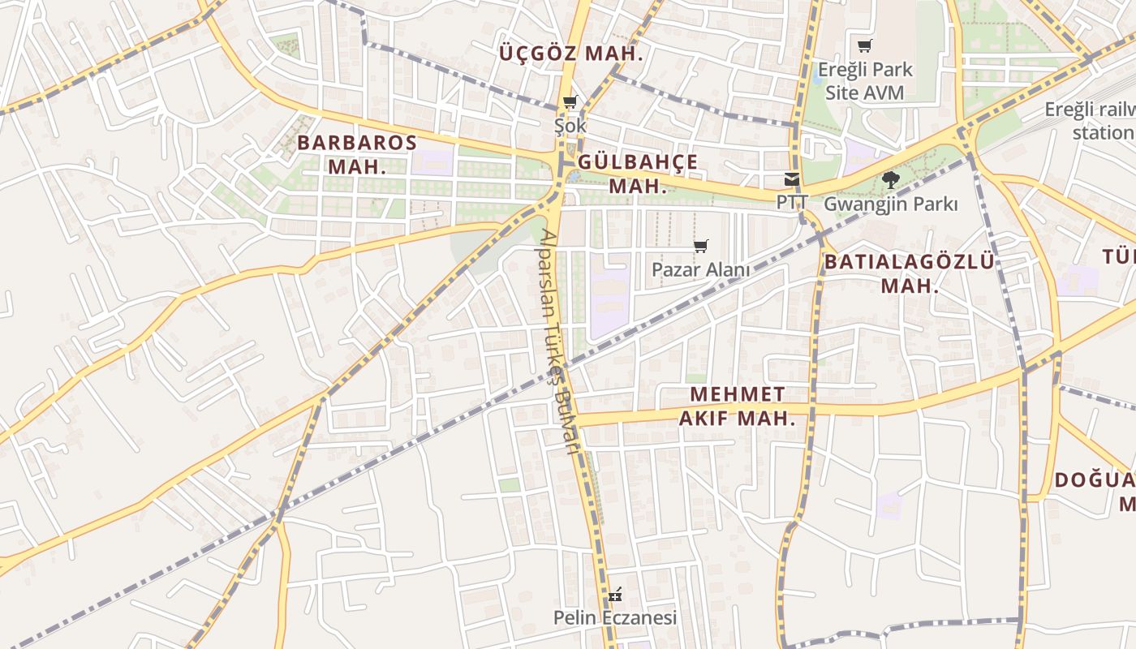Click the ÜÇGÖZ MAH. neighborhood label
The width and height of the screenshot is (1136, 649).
coord(571,54)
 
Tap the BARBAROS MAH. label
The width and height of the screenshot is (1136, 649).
coord(357,155)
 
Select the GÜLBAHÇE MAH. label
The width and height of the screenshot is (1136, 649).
coord(638,174)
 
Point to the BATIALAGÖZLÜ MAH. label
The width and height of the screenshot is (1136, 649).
coord(910,273)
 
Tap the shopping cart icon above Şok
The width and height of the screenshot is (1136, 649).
coord(570,102)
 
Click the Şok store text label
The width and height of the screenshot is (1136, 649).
coord(570,126)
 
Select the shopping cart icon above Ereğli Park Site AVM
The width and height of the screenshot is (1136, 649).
coord(865,45)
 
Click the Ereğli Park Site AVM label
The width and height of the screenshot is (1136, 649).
coord(865,81)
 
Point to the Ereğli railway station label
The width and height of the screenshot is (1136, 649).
coord(1091,121)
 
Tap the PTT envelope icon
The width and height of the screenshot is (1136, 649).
coord(791,179)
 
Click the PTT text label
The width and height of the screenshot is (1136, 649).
coord(792,202)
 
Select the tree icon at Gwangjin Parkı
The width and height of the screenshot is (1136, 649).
coord(890,180)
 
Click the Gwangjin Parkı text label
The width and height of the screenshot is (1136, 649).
coord(890,204)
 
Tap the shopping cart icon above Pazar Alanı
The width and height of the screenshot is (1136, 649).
coord(701,246)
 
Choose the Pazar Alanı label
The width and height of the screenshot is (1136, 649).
coord(701,269)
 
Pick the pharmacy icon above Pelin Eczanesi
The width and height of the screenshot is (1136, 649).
coord(615,595)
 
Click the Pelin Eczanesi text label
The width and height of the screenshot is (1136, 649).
coord(615,618)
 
